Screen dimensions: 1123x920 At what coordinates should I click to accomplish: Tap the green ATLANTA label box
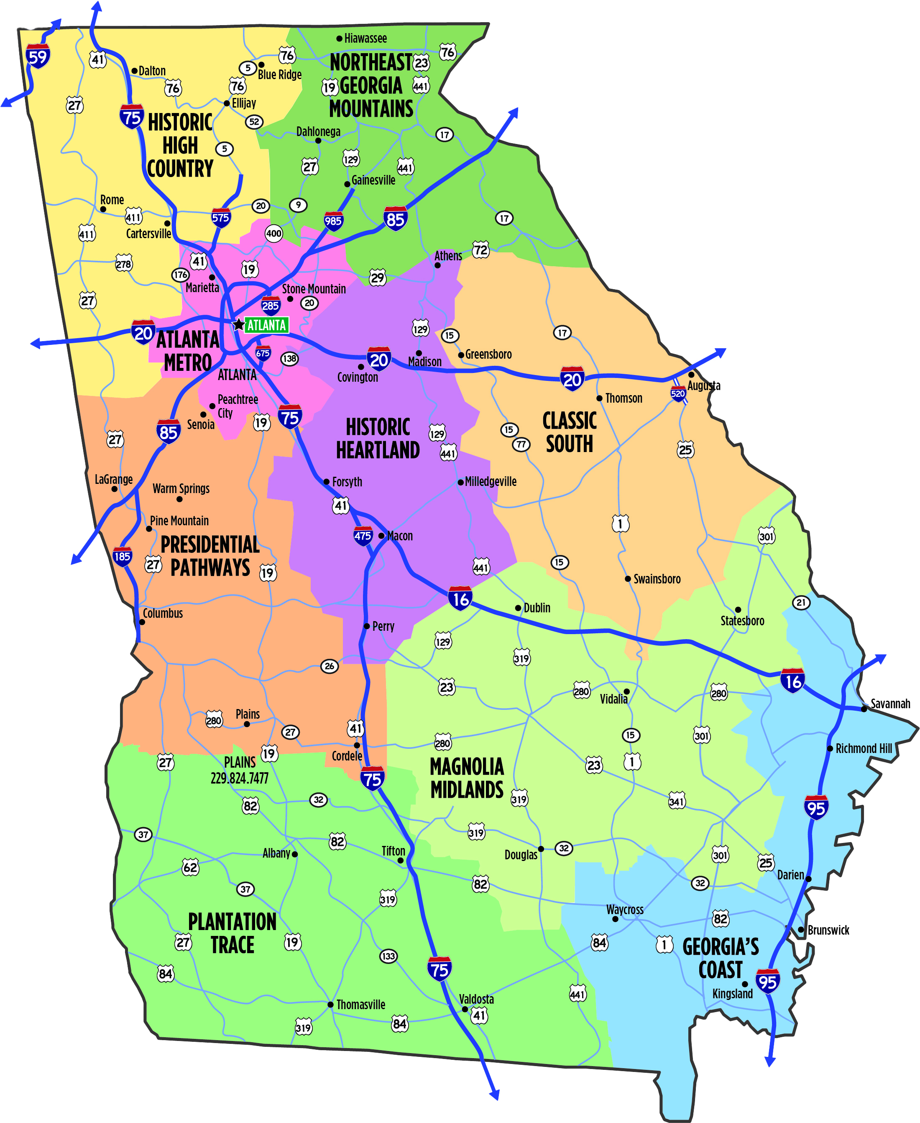(266, 325)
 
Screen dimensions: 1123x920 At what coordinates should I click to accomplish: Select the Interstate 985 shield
(333, 221)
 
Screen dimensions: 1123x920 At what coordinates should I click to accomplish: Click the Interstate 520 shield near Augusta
(678, 393)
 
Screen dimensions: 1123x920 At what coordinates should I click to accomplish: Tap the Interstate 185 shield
(122, 556)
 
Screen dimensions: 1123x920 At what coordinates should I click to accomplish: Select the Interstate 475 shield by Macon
(363, 536)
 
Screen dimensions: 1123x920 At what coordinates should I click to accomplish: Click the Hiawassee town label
(365, 38)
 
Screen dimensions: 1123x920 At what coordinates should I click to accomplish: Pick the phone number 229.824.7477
(240, 778)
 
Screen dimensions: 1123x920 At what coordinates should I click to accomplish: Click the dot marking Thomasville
(330, 1005)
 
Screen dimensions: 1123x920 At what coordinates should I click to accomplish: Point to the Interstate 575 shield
(220, 218)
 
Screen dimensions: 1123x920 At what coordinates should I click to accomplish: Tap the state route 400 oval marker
(273, 234)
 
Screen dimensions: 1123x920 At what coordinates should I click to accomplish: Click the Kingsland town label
(732, 994)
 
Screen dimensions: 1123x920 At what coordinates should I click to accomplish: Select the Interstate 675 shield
(263, 353)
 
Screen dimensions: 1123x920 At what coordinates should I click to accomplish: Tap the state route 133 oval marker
(388, 956)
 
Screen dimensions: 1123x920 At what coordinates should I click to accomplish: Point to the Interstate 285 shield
(270, 306)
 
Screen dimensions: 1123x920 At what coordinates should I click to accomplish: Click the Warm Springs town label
(181, 488)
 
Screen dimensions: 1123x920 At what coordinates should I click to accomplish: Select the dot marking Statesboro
(738, 609)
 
